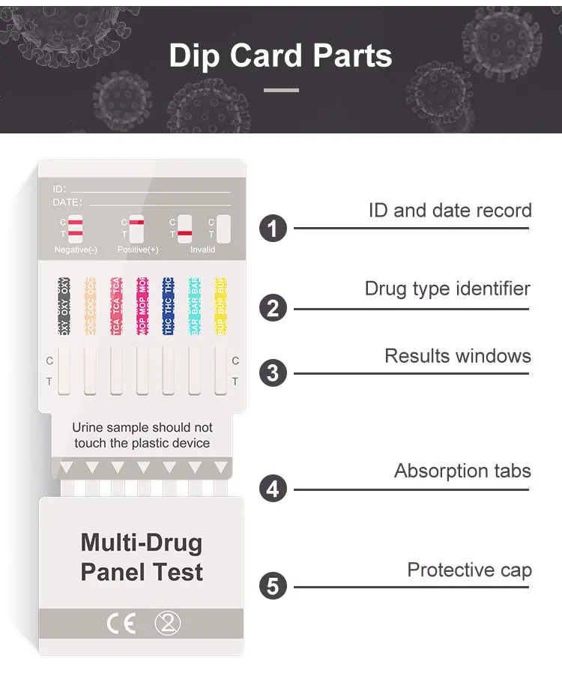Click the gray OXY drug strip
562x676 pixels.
tap(64, 307)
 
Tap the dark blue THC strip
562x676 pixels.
tap(168, 307)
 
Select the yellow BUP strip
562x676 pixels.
tap(220, 307)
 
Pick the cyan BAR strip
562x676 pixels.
tap(194, 307)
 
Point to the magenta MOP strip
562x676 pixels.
tap(142, 307)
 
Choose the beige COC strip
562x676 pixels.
tap(90, 307)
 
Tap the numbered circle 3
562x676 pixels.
tap(273, 372)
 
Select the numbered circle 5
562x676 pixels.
tap(273, 585)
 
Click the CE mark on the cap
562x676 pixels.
tap(121, 624)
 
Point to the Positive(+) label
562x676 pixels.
tap(138, 250)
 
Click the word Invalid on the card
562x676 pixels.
tap(202, 250)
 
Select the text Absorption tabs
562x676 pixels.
tap(462, 471)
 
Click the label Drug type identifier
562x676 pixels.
tap(447, 289)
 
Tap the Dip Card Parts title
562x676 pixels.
tap(281, 56)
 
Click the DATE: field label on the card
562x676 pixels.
tap(67, 202)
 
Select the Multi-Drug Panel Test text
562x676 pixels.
tap(142, 557)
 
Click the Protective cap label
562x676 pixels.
tap(469, 570)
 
